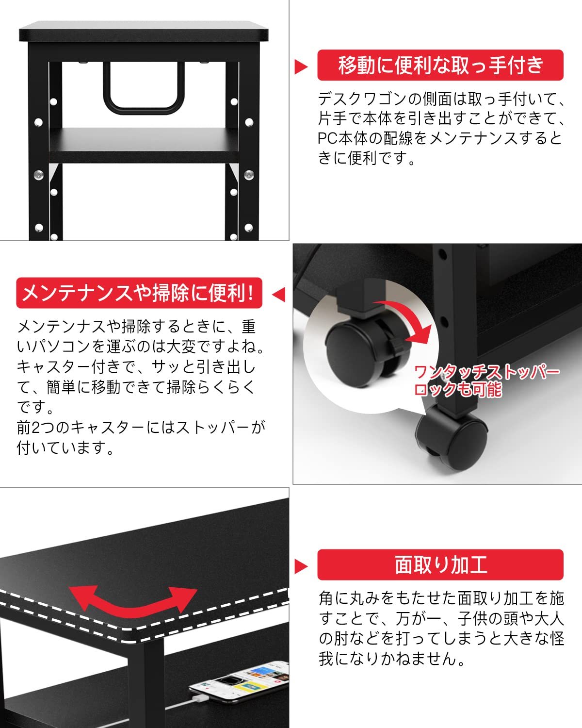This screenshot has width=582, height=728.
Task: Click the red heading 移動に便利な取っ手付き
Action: tap(440, 66)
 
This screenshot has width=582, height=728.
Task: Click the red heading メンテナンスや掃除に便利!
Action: tap(139, 293)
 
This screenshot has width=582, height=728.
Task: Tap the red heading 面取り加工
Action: tap(440, 565)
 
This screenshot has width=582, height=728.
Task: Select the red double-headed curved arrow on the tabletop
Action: tap(133, 599)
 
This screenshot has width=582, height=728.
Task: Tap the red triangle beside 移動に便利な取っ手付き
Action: tap(301, 66)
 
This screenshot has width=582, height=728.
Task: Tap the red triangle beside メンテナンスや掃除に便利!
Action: tap(279, 294)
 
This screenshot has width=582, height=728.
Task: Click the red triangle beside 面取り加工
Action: tap(301, 566)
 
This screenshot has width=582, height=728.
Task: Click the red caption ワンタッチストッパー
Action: tap(487, 372)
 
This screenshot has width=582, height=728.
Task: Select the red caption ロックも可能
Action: tap(458, 389)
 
